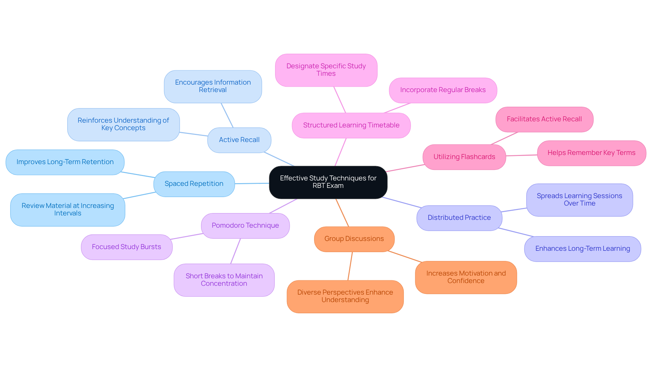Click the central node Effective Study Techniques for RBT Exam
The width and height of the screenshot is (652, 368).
328,182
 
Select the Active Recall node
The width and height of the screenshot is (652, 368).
239,140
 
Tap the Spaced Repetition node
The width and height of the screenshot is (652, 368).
194,184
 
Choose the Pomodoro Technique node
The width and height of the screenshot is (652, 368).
245,226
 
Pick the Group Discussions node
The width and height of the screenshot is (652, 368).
354,239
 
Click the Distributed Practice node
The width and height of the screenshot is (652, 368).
459,218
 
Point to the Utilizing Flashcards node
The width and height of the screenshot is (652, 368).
464,157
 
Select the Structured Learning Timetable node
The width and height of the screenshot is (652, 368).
351,125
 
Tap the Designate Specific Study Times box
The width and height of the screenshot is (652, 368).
326,70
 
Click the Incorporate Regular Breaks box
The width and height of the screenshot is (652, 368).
443,90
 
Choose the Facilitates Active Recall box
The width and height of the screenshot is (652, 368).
544,119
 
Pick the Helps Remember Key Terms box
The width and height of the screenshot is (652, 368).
591,153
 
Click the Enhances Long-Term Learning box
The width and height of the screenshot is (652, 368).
582,249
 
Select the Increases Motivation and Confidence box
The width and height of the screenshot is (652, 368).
466,277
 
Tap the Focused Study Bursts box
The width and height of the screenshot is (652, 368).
126,247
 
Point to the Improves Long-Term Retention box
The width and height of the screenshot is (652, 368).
65,162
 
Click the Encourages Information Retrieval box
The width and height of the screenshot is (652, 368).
213,86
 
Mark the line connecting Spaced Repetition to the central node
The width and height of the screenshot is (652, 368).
252,183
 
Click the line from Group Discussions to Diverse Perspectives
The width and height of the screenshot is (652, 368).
350,266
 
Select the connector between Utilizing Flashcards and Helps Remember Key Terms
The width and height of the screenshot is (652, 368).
522,155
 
